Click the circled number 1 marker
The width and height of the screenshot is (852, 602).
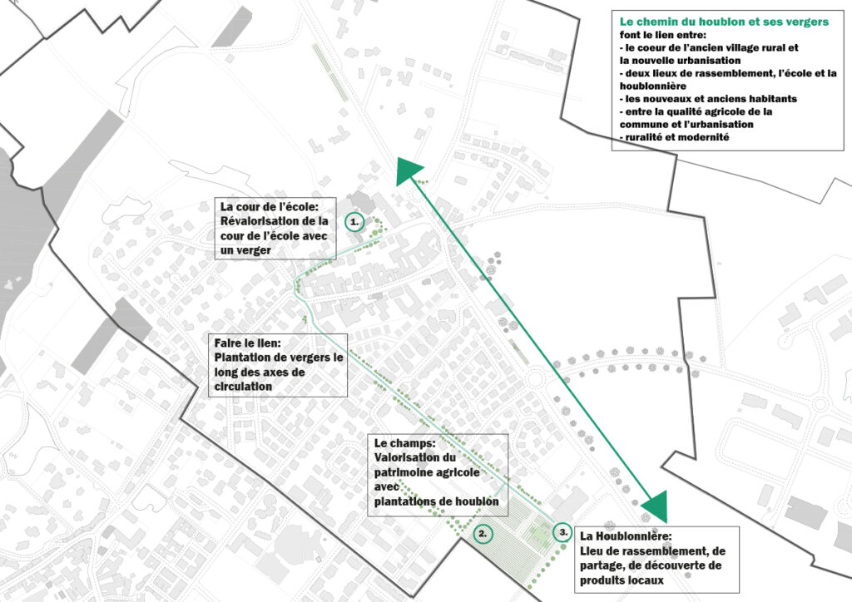pyautogui.click(x=354, y=221)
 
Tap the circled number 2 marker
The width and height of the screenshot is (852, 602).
pyautogui.click(x=483, y=534)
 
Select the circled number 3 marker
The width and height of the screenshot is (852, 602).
pyautogui.click(x=562, y=531)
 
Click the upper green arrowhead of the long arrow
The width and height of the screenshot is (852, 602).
pyautogui.click(x=408, y=170)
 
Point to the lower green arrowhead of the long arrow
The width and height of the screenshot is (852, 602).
pyautogui.click(x=656, y=508)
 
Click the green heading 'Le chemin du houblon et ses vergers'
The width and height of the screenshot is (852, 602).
pyautogui.click(x=724, y=22)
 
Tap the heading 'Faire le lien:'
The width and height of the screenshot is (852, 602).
pyautogui.click(x=247, y=343)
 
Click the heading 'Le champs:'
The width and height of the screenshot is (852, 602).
pyautogui.click(x=405, y=443)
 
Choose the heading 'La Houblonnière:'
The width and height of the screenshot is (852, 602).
pyautogui.click(x=626, y=535)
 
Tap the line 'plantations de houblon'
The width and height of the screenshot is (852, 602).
pyautogui.click(x=436, y=501)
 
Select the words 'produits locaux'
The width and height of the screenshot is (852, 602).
pyautogui.click(x=622, y=580)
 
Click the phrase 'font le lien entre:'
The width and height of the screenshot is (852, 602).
pyautogui.click(x=663, y=35)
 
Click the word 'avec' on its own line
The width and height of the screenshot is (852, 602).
pyautogui.click(x=386, y=486)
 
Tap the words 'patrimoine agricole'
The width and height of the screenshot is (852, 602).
pyautogui.click(x=427, y=472)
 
